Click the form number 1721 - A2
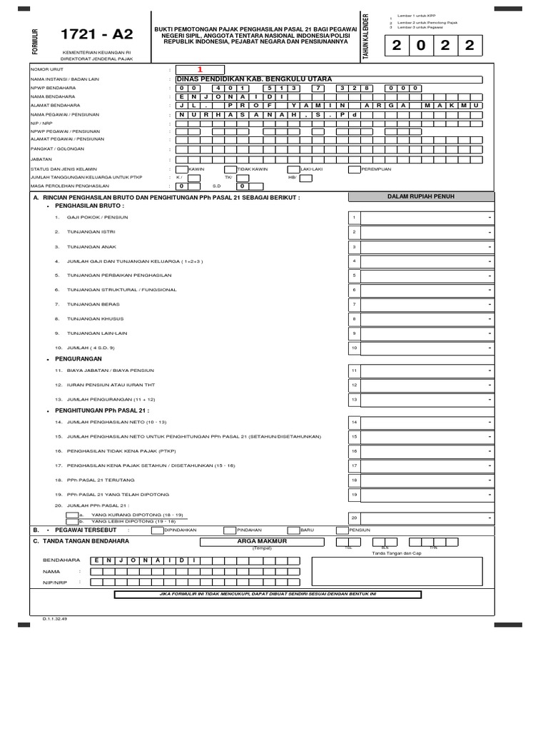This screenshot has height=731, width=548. [87, 34]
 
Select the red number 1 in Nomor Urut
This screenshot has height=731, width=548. [200, 69]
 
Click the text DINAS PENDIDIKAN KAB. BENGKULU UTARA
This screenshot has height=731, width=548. [253, 79]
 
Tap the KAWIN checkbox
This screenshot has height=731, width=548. [181, 170]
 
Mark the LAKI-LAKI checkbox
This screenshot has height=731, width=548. [293, 170]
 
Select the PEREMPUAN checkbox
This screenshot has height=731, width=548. [354, 170]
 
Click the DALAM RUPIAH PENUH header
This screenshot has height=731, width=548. [420, 196]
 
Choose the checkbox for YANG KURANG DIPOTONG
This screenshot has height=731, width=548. [71, 514]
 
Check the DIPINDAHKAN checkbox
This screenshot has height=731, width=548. [157, 530]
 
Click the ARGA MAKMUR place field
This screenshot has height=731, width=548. [256, 542]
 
